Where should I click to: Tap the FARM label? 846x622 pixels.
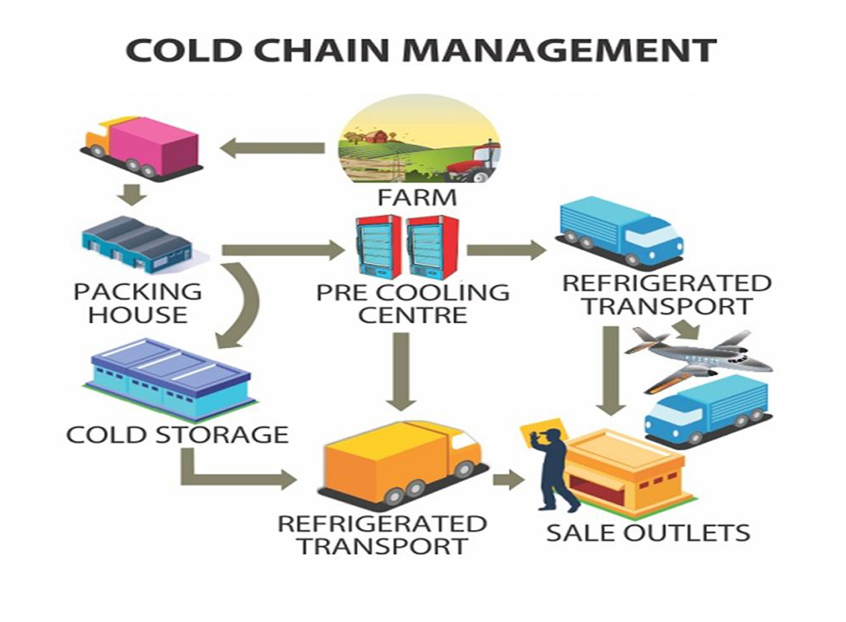pos(417,198)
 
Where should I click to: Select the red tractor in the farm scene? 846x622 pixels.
pos(475,162)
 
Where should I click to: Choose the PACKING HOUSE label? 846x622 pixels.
pos(137,303)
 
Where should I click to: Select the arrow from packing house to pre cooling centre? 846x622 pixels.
pos(282,249)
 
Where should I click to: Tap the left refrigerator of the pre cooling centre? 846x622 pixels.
pos(378,246)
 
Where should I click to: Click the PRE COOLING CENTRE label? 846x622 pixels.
pos(413,304)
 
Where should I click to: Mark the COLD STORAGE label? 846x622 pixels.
pos(177,435)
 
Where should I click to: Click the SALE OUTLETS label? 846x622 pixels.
pos(647,533)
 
